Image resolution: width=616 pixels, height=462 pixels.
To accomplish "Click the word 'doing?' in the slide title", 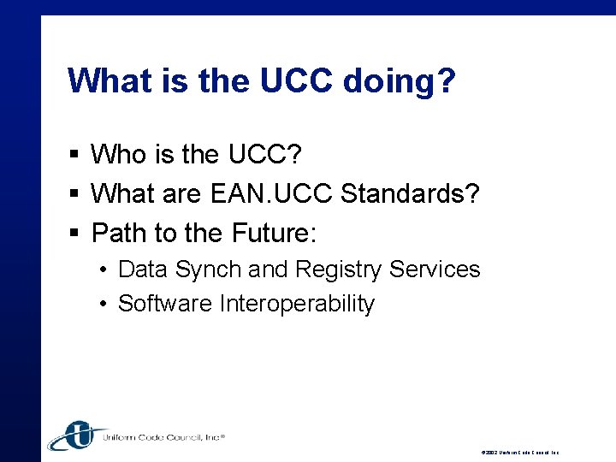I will (x=400, y=81).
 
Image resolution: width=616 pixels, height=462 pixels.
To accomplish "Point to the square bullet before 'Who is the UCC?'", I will (x=75, y=155).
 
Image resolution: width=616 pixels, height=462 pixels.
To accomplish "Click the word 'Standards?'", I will (x=411, y=193).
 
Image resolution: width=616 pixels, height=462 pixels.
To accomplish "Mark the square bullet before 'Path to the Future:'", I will (x=75, y=233).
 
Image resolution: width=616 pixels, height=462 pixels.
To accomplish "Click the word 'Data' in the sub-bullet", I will (x=143, y=269).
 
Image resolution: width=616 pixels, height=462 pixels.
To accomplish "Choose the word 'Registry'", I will (x=339, y=269).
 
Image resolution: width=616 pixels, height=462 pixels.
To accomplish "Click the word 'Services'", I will (x=435, y=269).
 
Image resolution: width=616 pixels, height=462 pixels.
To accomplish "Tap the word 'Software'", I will (x=166, y=304).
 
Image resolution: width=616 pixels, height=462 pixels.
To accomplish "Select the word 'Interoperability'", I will (x=297, y=304).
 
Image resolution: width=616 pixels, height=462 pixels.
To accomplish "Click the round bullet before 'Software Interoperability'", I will (x=102, y=305).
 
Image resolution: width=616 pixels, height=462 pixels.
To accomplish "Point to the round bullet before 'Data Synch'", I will (x=102, y=270).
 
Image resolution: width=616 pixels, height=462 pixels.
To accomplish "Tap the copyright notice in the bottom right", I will (x=519, y=452).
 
